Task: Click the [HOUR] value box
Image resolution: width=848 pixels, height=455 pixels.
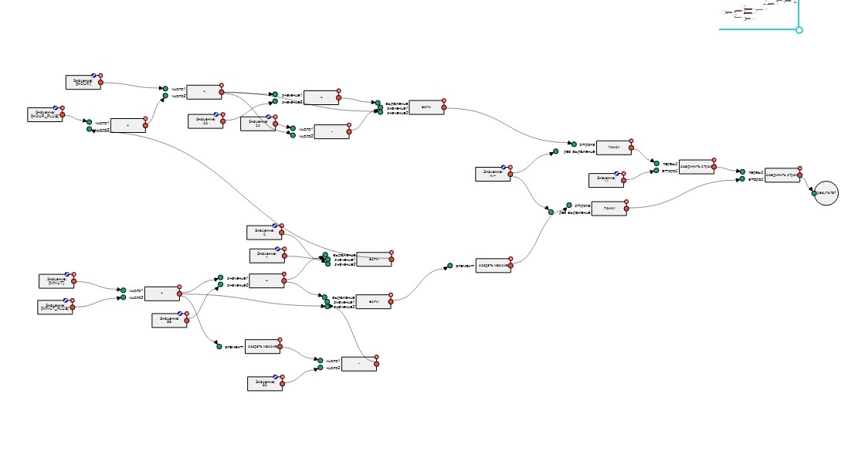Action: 83,82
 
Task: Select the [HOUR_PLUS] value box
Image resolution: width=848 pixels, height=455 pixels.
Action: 44,114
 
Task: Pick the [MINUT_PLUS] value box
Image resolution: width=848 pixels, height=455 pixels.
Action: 56,306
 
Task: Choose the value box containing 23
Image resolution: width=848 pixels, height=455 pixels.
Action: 205,121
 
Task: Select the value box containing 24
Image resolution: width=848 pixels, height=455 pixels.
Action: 257,123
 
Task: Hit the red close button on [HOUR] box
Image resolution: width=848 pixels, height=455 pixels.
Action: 100,76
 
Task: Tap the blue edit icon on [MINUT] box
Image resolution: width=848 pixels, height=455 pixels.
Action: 67,274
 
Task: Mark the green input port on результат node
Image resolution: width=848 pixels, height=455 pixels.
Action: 814,193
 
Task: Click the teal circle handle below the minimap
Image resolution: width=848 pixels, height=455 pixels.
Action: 799,30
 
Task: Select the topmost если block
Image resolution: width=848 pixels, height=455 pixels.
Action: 426,107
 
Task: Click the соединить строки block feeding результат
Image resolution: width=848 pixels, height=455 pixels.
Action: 781,175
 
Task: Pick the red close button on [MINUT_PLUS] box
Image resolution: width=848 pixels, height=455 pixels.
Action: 74,300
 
